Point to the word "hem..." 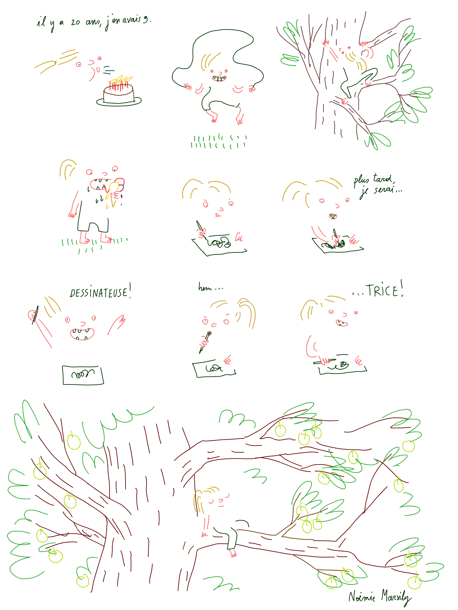pos(210,288)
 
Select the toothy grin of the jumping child pos(219,78)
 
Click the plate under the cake pos(119,101)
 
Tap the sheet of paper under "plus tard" pos(338,245)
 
